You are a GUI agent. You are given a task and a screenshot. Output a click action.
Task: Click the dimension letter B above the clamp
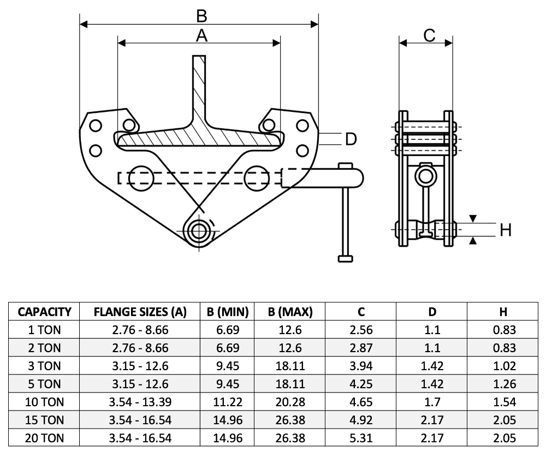pyautogui.click(x=201, y=15)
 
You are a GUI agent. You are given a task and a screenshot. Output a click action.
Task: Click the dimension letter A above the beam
pyautogui.click(x=201, y=35)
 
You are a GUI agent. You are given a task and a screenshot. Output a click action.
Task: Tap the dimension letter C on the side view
pyautogui.click(x=429, y=35)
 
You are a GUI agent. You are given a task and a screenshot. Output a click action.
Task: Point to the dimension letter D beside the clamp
pyautogui.click(x=351, y=139)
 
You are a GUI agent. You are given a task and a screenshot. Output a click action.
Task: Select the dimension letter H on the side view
pyautogui.click(x=506, y=230)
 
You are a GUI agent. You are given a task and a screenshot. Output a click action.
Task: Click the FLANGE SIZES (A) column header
pyautogui.click(x=140, y=312)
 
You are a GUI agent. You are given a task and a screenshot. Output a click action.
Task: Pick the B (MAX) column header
pyautogui.click(x=290, y=312)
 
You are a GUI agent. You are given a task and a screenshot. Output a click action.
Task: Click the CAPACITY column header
pyautogui.click(x=45, y=312)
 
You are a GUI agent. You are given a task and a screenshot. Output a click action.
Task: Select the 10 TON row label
pyautogui.click(x=45, y=402)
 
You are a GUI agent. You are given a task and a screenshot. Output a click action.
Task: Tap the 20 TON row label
pyautogui.click(x=45, y=438)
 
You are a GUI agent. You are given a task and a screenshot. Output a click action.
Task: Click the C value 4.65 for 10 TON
pyautogui.click(x=361, y=402)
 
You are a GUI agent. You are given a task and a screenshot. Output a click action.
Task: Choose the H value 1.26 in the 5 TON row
pyautogui.click(x=503, y=384)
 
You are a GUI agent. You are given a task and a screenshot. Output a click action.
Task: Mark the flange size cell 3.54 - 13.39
pyautogui.click(x=140, y=402)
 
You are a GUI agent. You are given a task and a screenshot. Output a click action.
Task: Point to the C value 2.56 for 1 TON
pyautogui.click(x=361, y=330)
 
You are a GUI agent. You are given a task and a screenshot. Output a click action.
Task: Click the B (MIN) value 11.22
pyautogui.click(x=228, y=402)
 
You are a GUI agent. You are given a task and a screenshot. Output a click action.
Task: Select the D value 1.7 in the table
pyautogui.click(x=432, y=402)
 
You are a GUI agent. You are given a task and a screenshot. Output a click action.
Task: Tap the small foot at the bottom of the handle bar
pyautogui.click(x=345, y=258)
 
